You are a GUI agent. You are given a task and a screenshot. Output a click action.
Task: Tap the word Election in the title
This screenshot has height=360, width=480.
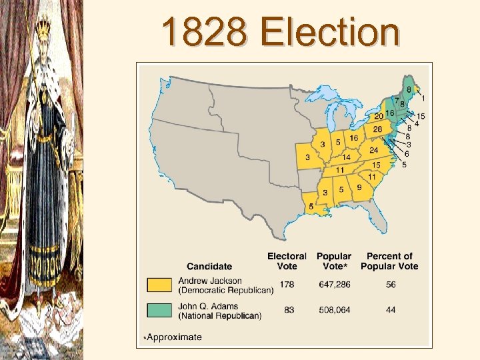(330, 31)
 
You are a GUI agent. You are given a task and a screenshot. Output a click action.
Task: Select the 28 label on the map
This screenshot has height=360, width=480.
(377, 129)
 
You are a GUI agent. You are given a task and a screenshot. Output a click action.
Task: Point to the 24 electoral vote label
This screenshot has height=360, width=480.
(374, 151)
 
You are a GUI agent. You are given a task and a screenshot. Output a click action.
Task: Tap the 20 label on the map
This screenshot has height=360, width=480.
(379, 116)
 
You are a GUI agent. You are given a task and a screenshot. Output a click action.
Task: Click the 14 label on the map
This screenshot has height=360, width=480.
(346, 158)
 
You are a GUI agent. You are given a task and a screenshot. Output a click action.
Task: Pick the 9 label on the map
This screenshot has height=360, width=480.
(359, 188)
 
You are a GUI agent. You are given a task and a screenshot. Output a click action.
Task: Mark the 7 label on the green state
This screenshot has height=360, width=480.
(396, 101)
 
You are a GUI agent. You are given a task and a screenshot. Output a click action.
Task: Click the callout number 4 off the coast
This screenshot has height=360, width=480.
(417, 123)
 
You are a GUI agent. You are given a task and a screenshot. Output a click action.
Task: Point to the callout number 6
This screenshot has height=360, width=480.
(407, 153)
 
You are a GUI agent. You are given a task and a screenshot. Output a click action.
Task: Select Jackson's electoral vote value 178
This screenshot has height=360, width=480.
(287, 285)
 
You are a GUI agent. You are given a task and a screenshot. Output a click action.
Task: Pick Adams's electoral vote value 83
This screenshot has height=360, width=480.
(289, 309)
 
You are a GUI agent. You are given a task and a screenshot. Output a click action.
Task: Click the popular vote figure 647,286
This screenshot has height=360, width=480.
(334, 285)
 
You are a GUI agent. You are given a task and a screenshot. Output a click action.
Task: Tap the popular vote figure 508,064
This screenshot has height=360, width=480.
(334, 309)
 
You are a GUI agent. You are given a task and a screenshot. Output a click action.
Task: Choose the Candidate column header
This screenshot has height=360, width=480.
(209, 267)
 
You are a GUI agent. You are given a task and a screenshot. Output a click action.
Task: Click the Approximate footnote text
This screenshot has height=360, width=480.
(174, 337)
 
